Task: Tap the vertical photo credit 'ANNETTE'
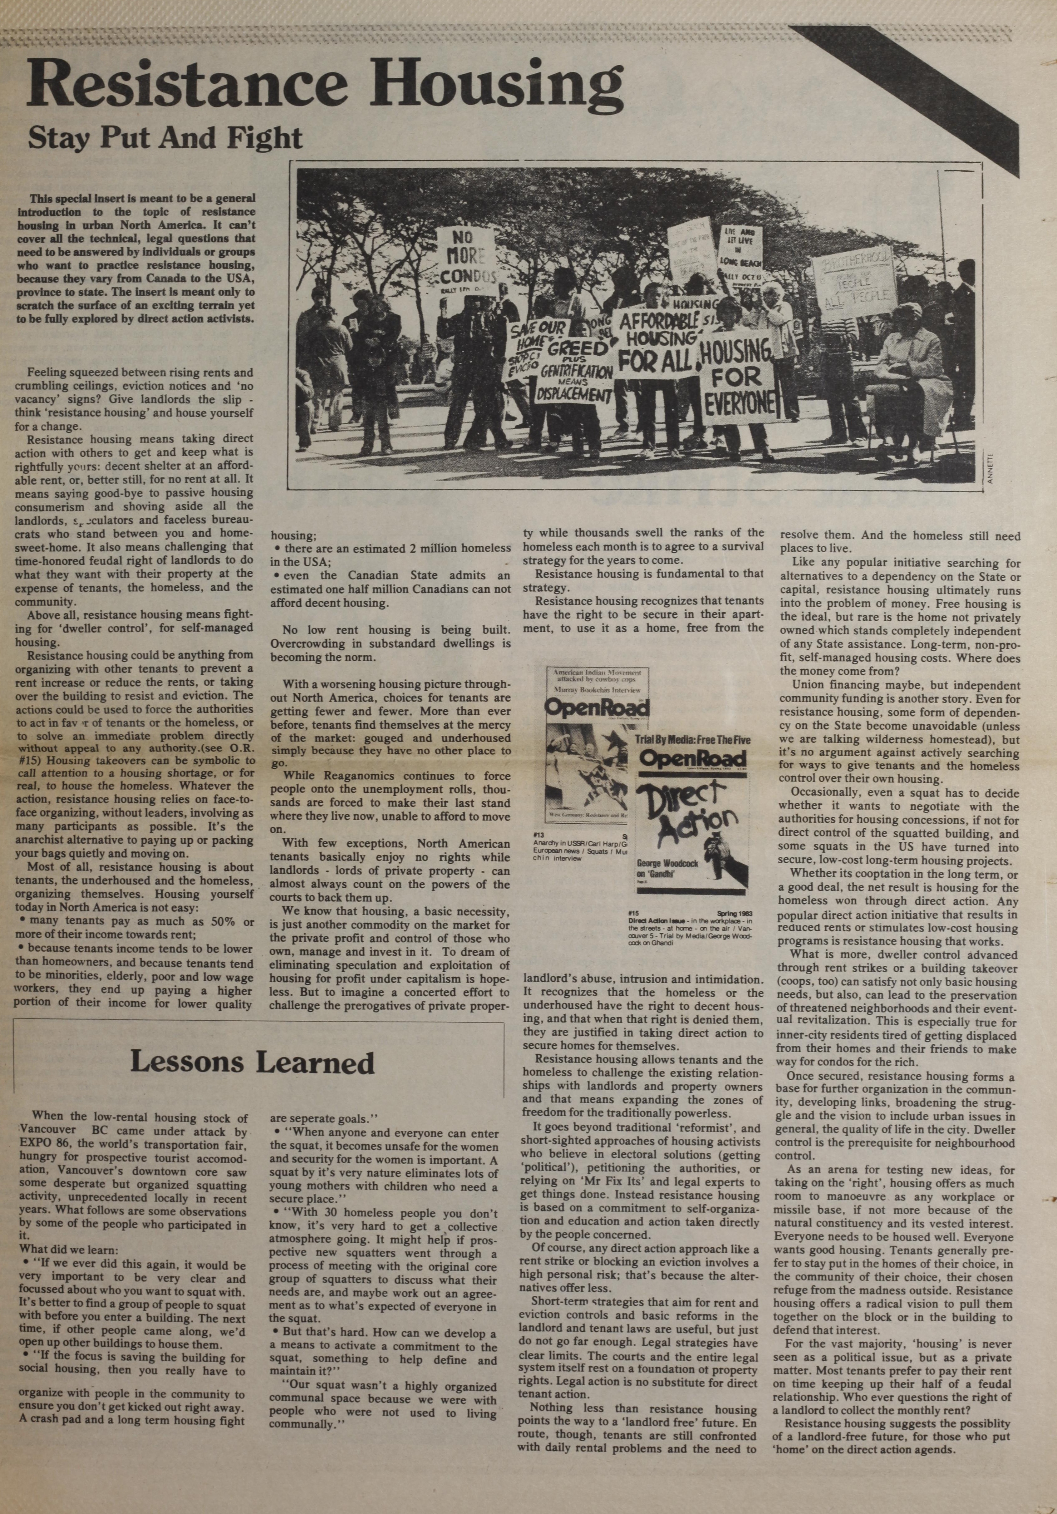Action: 989,466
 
